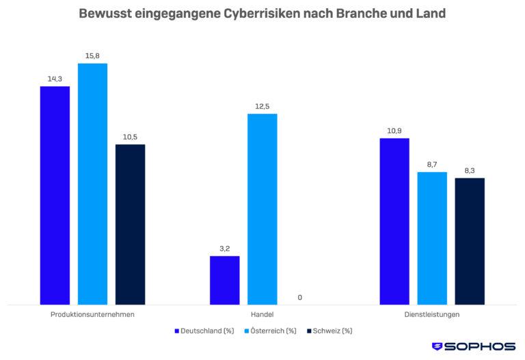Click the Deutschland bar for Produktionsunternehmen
[55, 195]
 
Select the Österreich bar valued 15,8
[92, 184]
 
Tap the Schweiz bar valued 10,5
[130, 224]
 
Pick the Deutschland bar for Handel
[225, 280]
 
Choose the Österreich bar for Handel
[262, 209]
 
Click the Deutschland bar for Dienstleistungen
[394, 221]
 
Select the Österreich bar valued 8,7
[432, 238]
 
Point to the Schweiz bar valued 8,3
[470, 241]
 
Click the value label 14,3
[55, 79]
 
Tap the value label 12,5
[262, 106]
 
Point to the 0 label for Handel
[300, 297]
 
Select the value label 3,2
[225, 249]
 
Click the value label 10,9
[394, 130]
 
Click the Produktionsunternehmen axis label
[92, 315]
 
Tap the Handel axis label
[262, 315]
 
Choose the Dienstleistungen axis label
[432, 315]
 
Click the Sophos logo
[473, 346]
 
